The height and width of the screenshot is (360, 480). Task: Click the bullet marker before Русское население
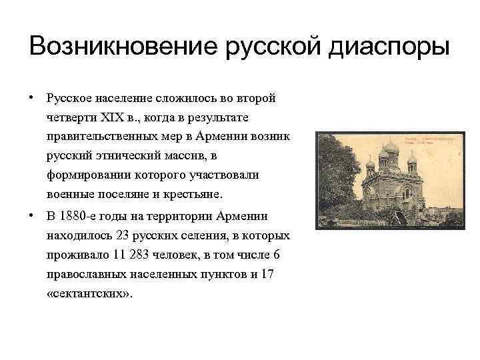[31, 97]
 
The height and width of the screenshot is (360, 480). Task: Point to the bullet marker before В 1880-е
[31, 216]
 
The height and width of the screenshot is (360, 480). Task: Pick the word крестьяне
[195, 195]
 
